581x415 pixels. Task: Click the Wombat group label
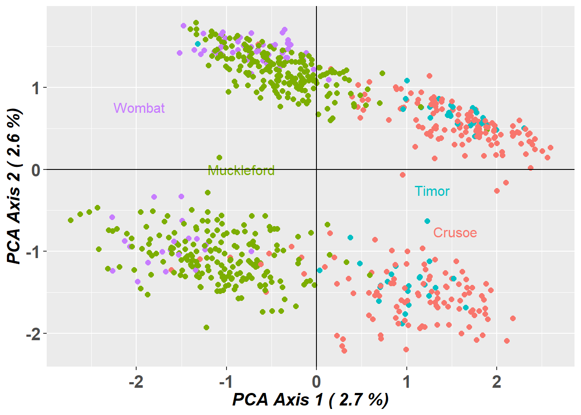[139, 108]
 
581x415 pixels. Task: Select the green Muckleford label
[241, 171]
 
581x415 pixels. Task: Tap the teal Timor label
[432, 192]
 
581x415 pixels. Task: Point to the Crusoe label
[455, 233]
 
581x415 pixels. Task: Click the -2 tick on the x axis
[136, 382]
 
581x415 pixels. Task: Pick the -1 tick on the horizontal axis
[226, 382]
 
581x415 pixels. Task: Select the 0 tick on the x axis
[316, 382]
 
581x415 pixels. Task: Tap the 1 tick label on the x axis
[406, 382]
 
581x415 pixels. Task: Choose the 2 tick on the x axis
[497, 382]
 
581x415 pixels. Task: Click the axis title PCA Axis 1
[310, 400]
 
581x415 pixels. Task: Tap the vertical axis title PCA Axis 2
[15, 186]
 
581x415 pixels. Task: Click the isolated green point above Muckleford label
[219, 158]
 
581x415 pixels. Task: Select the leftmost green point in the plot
[71, 220]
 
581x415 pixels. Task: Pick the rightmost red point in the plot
[550, 148]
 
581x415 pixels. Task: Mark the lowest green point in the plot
[206, 327]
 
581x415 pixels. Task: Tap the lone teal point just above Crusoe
[427, 221]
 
